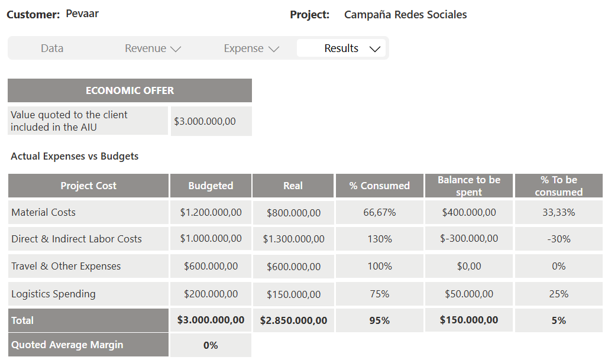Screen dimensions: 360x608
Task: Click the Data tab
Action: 52,48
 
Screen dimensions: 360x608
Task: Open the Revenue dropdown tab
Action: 152,48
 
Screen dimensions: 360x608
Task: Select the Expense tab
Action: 251,48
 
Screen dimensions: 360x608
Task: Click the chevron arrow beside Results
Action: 374,49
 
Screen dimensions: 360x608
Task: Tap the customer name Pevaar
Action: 82,14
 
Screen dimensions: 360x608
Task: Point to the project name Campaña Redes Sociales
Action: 405,15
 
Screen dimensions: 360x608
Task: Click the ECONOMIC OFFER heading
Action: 130,90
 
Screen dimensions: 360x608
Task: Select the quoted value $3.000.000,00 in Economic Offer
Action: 205,121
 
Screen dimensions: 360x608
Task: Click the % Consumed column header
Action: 379,186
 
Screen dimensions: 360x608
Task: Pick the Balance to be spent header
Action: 469,186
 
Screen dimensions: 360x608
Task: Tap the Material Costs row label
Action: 44,212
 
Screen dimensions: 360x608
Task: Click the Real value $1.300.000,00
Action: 293,239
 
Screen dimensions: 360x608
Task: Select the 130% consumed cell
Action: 379,239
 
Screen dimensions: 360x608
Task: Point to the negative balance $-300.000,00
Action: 469,238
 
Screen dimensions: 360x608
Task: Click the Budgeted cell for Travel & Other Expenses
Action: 211,266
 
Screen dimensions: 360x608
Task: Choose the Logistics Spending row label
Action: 53,294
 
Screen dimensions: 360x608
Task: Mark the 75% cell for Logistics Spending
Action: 379,294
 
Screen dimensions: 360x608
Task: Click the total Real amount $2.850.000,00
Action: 293,320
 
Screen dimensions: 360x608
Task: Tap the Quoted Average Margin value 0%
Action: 211,345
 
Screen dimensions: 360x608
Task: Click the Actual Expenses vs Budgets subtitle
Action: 75,157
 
